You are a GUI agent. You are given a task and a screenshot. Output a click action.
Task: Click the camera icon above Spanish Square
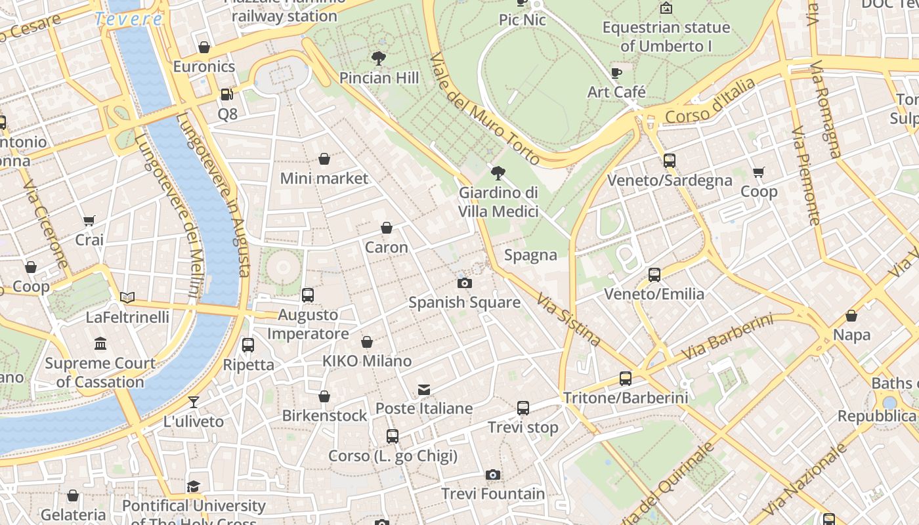[x=464, y=283]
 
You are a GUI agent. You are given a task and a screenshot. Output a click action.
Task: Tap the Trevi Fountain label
[x=493, y=493]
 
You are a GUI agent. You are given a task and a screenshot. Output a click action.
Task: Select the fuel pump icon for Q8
[x=226, y=94]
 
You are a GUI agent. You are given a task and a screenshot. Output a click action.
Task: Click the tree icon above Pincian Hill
[x=378, y=58]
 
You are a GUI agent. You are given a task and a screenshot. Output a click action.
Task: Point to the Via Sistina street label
[x=568, y=320]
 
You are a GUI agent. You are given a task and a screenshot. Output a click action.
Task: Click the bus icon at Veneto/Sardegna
[x=669, y=161]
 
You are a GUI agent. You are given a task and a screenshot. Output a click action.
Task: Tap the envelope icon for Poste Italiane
[x=424, y=390]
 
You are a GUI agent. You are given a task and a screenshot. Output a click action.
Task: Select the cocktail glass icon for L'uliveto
[x=194, y=402]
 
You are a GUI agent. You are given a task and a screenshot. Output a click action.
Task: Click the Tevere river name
[x=129, y=19]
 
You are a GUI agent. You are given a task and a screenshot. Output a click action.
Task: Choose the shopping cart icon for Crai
[x=89, y=221]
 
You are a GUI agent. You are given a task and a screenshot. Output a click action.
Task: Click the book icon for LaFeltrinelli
[x=127, y=298]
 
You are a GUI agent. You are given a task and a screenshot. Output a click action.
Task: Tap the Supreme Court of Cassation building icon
[x=100, y=344]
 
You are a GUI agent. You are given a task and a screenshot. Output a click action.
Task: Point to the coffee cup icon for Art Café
[x=616, y=73]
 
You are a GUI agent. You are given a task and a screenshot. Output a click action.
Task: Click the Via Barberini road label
[x=727, y=337]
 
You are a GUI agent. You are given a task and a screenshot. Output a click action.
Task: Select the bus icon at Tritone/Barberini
[x=625, y=379]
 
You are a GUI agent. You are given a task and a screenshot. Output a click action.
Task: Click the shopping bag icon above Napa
[x=851, y=316]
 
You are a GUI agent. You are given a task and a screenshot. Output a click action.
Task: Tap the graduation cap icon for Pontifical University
[x=193, y=486]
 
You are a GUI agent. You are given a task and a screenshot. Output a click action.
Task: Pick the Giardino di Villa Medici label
[x=498, y=201]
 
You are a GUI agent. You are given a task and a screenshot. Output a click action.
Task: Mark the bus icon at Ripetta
[x=248, y=345]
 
